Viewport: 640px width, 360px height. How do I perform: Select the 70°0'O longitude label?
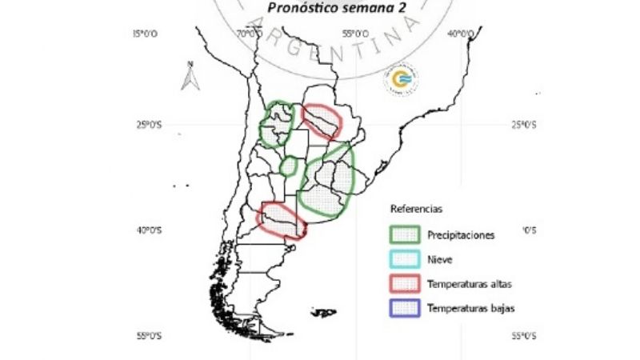(250, 34)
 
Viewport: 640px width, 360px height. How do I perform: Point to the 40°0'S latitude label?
(149, 230)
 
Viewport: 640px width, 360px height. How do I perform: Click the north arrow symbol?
(190, 77)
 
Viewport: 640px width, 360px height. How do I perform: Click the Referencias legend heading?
(415, 210)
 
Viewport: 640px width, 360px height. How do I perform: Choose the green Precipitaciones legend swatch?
(405, 234)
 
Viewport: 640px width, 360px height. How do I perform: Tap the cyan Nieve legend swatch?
(405, 259)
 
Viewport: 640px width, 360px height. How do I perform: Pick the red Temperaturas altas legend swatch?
(405, 283)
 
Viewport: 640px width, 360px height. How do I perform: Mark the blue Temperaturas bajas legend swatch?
(405, 308)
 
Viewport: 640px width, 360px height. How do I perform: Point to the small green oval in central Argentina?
(290, 166)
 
